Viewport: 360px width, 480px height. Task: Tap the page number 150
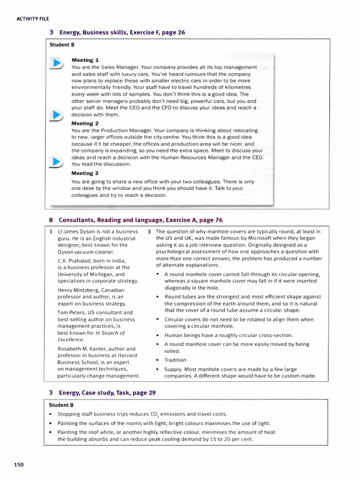19,465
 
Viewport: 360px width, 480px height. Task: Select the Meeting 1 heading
85,60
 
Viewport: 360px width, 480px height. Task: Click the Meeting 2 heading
85,123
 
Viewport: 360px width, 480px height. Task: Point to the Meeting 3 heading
85,173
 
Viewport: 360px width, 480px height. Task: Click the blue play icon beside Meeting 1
56,63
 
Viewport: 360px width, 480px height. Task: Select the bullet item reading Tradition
175,360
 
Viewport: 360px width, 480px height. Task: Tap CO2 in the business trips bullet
155,414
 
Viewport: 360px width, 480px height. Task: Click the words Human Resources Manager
200,157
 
